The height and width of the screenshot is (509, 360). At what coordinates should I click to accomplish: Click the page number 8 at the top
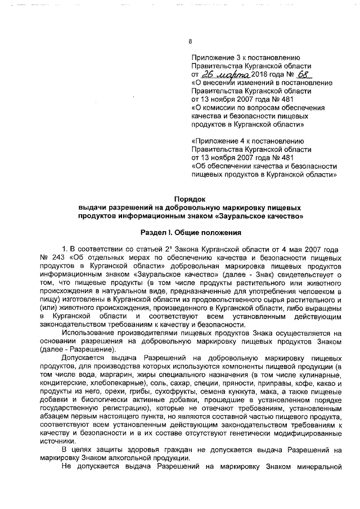click(190, 41)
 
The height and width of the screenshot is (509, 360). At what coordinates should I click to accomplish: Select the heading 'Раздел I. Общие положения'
click(191, 232)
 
